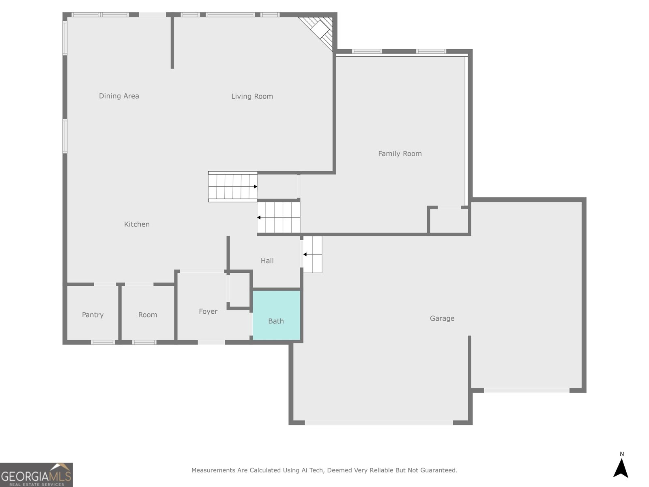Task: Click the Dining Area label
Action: (119, 96)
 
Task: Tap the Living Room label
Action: (252, 97)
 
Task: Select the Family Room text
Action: (400, 154)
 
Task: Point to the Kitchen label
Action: (137, 224)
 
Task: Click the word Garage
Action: (442, 319)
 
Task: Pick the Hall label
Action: (267, 261)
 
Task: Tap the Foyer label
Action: (208, 311)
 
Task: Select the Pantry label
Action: (92, 315)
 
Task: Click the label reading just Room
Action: (148, 315)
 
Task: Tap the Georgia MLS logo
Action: (37, 474)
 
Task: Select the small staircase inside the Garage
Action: (312, 254)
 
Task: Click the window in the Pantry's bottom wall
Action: (103, 343)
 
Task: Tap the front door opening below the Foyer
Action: (211, 343)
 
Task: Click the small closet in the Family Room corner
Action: (449, 220)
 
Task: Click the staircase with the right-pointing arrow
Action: (233, 187)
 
